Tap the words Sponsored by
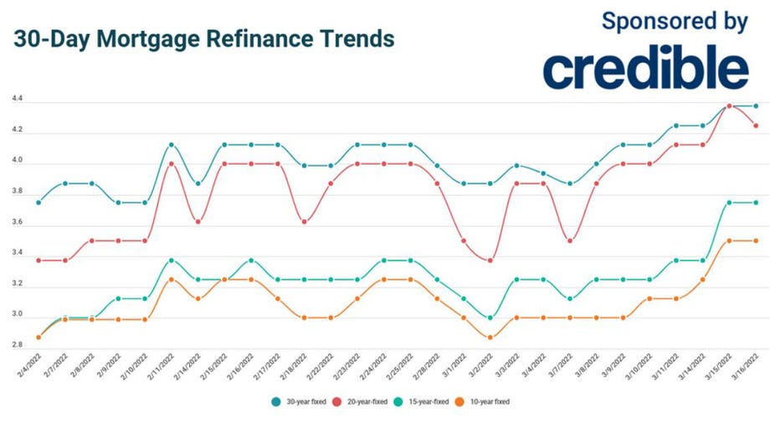coord(675,21)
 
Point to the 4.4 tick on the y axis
coord(18,100)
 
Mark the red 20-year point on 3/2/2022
coord(490,261)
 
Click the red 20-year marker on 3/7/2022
coord(570,240)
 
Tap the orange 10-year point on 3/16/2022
coord(756,240)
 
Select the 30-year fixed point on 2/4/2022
coord(38,203)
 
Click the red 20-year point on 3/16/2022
coord(756,126)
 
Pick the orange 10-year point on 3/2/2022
coord(490,338)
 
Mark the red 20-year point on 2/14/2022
coord(198,222)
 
